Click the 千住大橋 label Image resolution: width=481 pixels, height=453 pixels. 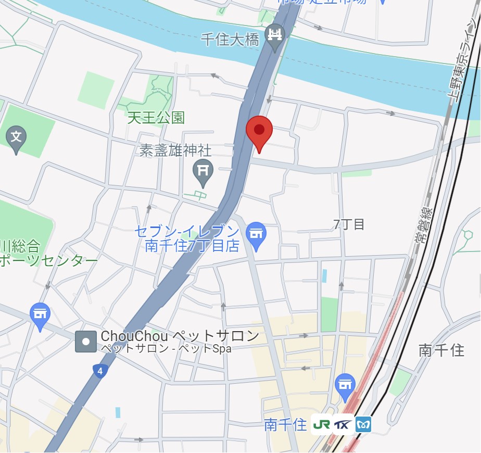tap(230, 40)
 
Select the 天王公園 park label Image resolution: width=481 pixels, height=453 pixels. tap(156, 117)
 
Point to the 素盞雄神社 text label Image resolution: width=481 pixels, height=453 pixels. tap(175, 150)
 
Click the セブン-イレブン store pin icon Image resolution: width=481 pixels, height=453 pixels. tap(256, 234)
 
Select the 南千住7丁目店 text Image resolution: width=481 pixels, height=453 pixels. tap(192, 245)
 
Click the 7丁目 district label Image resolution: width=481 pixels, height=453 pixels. tap(349, 224)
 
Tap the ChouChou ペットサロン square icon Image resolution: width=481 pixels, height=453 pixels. tap(86, 342)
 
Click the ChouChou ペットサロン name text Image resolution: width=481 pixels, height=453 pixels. tap(180, 336)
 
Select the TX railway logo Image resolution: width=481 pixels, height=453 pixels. tap(341, 424)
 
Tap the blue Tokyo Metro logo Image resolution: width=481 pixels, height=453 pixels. tap(363, 424)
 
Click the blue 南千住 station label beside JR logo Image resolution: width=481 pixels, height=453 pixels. tap(285, 425)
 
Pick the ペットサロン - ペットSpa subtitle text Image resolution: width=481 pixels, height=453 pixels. tap(166, 349)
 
